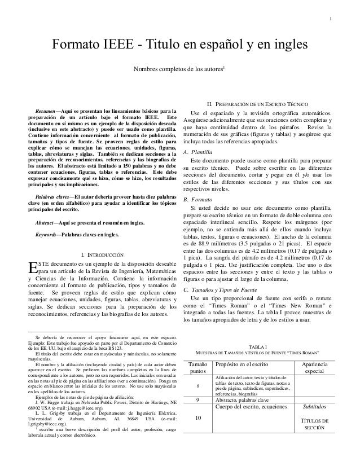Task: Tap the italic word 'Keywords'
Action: click(47, 234)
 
